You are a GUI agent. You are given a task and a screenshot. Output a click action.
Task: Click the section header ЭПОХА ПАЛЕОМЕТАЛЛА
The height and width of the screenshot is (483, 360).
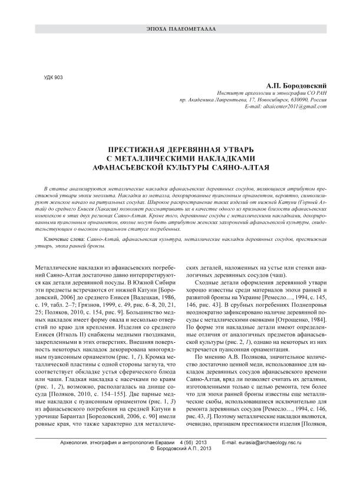click(x=180, y=28)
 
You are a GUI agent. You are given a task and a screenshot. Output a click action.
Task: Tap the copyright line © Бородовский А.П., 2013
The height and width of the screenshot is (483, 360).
click(x=180, y=465)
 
